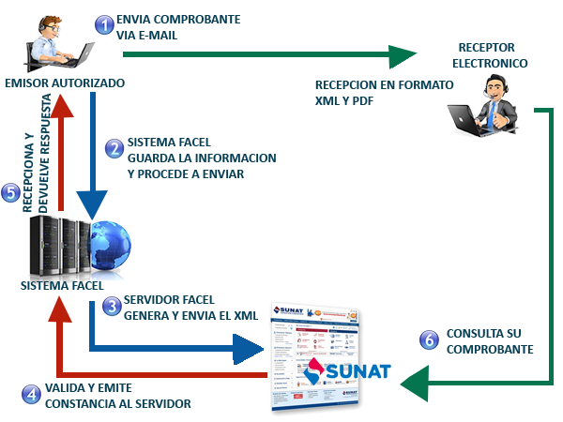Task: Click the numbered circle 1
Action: point(104,24)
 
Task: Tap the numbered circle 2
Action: point(114,149)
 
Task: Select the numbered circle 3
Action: point(111,307)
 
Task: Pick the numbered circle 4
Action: point(31,395)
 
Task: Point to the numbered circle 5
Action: point(10,193)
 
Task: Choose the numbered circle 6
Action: point(430,339)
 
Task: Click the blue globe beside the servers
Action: point(104,243)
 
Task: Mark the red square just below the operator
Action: point(60,103)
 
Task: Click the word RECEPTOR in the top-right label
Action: point(488,47)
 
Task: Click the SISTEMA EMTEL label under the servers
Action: point(61,283)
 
